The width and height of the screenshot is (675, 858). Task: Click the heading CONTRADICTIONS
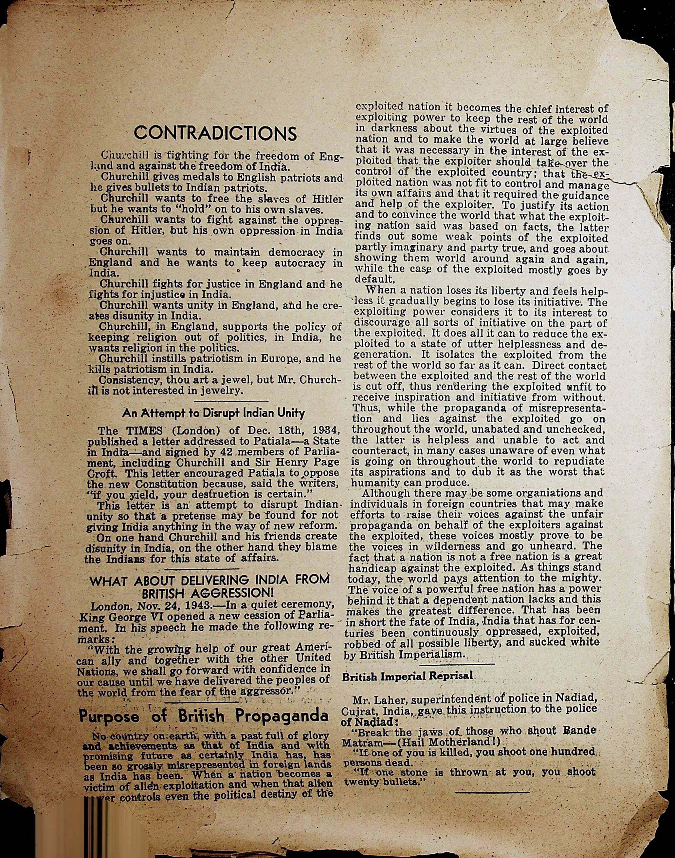[x=215, y=133]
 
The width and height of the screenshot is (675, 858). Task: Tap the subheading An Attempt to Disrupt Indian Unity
[x=213, y=413]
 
